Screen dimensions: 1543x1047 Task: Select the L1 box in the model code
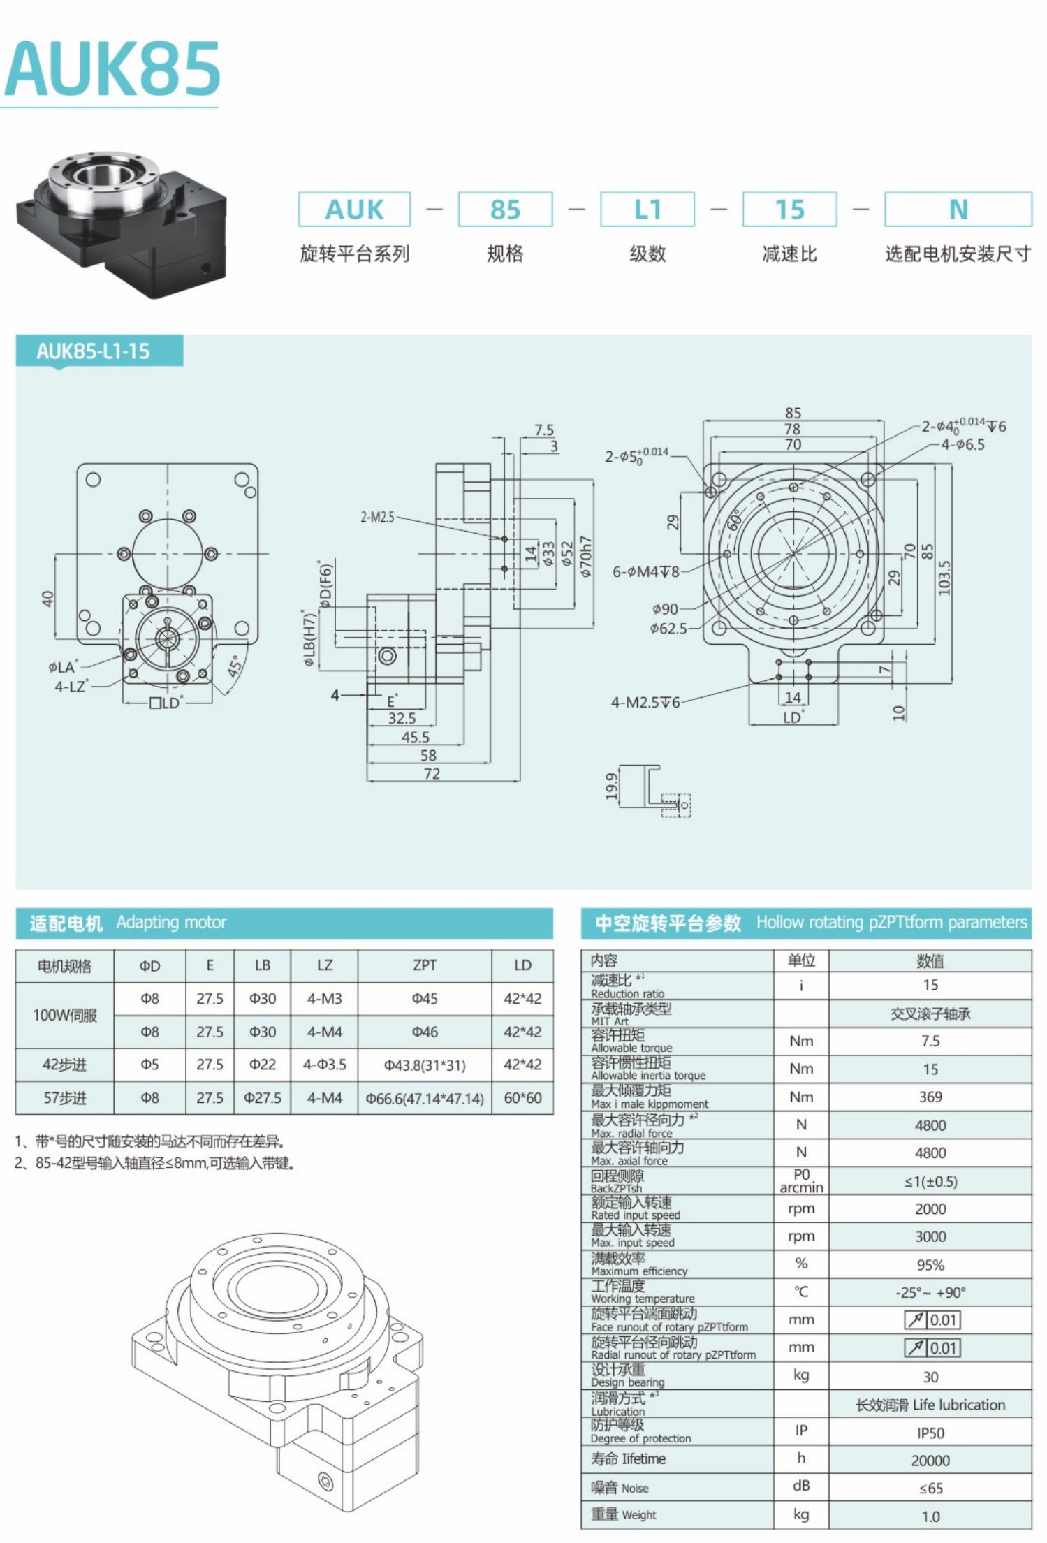(x=647, y=210)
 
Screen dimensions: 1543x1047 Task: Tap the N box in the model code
(x=958, y=210)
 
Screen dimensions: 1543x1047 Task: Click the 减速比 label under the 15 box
(x=789, y=254)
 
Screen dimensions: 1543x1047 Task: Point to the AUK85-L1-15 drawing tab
(x=94, y=351)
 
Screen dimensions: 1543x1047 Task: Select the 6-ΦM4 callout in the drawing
(x=645, y=571)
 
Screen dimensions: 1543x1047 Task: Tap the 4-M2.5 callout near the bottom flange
(x=645, y=702)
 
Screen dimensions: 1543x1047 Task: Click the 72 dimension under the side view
(x=432, y=774)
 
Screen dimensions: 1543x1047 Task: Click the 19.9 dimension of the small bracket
(x=612, y=786)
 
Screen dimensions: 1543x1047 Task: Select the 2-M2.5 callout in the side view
(x=377, y=517)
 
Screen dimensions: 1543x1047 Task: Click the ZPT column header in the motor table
(x=424, y=965)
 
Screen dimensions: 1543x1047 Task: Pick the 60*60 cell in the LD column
(x=522, y=1097)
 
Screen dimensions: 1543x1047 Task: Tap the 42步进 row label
(x=64, y=1065)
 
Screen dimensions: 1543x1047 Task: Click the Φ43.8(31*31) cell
(x=424, y=1065)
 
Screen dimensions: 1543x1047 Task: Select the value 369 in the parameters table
(x=930, y=1097)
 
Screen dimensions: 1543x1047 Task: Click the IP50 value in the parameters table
(x=930, y=1433)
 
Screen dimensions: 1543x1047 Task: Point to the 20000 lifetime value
(x=930, y=1461)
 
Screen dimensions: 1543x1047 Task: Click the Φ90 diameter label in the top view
(x=665, y=609)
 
